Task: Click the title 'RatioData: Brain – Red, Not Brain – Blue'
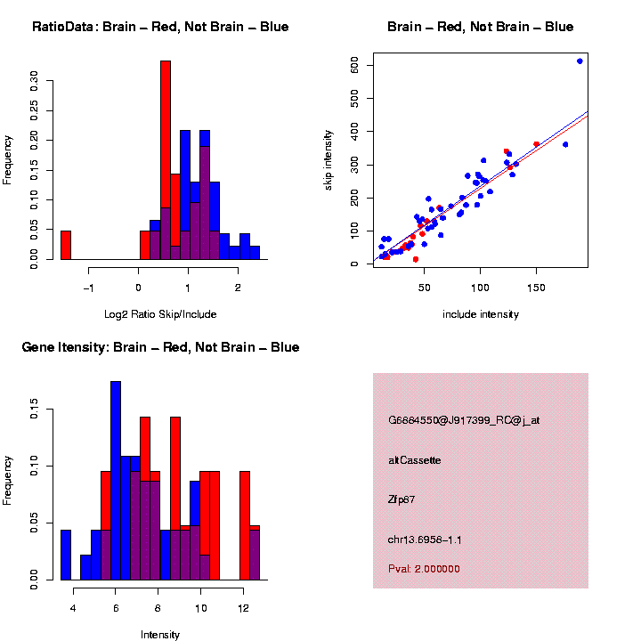coord(160,27)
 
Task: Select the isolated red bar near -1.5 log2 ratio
coord(66,245)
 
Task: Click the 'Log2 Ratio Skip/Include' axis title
coord(160,314)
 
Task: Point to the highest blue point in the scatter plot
coord(580,61)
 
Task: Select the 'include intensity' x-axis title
coord(481,314)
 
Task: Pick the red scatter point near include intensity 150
coord(536,144)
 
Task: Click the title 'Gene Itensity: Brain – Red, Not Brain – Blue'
coord(160,347)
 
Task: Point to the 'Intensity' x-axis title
coord(160,635)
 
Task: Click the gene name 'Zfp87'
coord(402,499)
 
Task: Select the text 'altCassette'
coord(414,460)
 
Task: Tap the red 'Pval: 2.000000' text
coord(425,568)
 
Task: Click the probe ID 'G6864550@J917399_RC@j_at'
coord(464,420)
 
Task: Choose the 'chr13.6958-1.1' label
coord(425,540)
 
